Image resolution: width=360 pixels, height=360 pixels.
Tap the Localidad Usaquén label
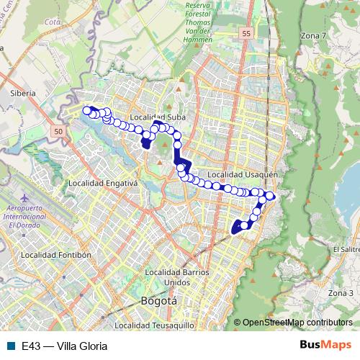pos(237,174)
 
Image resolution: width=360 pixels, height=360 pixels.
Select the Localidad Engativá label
pos(102,184)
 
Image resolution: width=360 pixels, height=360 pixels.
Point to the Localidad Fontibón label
pos(56,254)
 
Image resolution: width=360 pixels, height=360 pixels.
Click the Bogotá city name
pos(158,301)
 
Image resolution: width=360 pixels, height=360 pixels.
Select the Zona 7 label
pos(314,35)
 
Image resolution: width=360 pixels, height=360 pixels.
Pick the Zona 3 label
pos(341,293)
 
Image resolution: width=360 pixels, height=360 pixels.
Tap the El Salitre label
pos(346,249)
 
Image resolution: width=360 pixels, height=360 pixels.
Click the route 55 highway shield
pos(247,34)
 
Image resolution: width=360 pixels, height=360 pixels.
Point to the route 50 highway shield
pos(58,130)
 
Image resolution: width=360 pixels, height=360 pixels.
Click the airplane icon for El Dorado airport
pos(25,197)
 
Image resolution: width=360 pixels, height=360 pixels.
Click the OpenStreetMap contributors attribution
pos(297,323)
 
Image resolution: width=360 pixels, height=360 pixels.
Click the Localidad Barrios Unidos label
pos(176,276)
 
